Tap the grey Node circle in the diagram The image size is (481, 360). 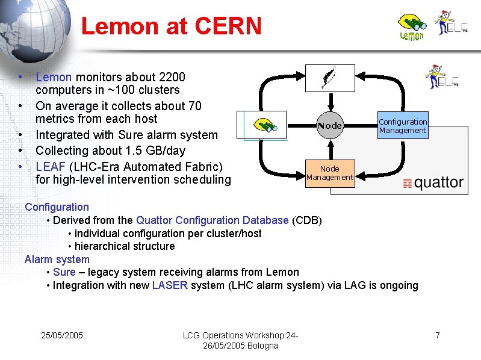[329, 126]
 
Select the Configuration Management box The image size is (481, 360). [403, 126]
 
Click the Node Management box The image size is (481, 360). [329, 173]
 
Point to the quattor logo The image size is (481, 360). [433, 183]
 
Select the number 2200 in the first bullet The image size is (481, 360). [171, 77]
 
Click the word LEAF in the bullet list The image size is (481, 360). [49, 166]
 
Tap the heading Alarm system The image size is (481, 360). [57, 259]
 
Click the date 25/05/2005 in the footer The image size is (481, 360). [61, 335]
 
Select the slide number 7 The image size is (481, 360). [438, 335]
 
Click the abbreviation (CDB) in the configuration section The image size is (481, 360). [306, 220]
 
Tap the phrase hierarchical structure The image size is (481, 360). [125, 246]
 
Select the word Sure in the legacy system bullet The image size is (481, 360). [64, 272]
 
